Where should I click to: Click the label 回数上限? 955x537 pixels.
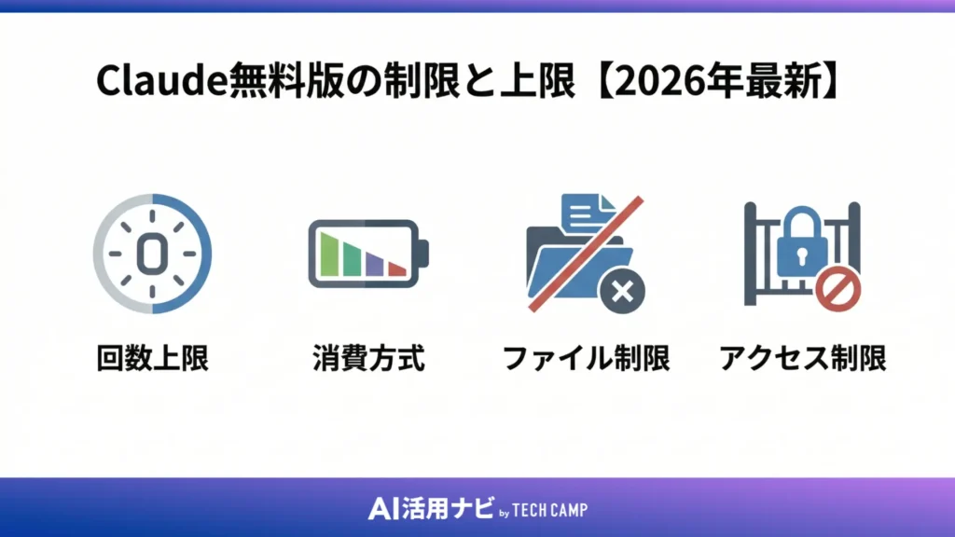pyautogui.click(x=152, y=358)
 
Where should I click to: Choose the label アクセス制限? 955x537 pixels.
pyautogui.click(x=802, y=358)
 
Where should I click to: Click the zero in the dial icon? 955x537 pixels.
pyautogui.click(x=150, y=253)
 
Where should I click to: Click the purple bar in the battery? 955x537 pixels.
pyautogui.click(x=375, y=263)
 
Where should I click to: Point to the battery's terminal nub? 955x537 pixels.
pyautogui.click(x=423, y=254)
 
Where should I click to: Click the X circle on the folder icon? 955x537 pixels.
pyautogui.click(x=622, y=292)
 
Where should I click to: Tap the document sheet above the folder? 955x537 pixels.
pyautogui.click(x=586, y=215)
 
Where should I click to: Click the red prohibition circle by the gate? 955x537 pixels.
pyautogui.click(x=837, y=289)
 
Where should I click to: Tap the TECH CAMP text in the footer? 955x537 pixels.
pyautogui.click(x=549, y=509)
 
